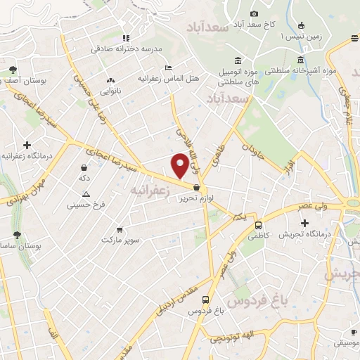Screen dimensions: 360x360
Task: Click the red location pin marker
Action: coord(180,166)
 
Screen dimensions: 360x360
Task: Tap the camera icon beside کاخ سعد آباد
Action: coord(254,14)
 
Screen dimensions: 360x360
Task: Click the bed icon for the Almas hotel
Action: coord(167,67)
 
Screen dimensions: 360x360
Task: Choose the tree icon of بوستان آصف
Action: coord(13,69)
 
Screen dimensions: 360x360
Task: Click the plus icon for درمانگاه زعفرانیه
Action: coord(27,144)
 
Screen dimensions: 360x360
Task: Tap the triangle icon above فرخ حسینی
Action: coord(86,195)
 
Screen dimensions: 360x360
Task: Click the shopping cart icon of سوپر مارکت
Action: coord(120,229)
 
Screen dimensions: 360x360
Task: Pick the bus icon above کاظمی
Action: coord(259,226)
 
